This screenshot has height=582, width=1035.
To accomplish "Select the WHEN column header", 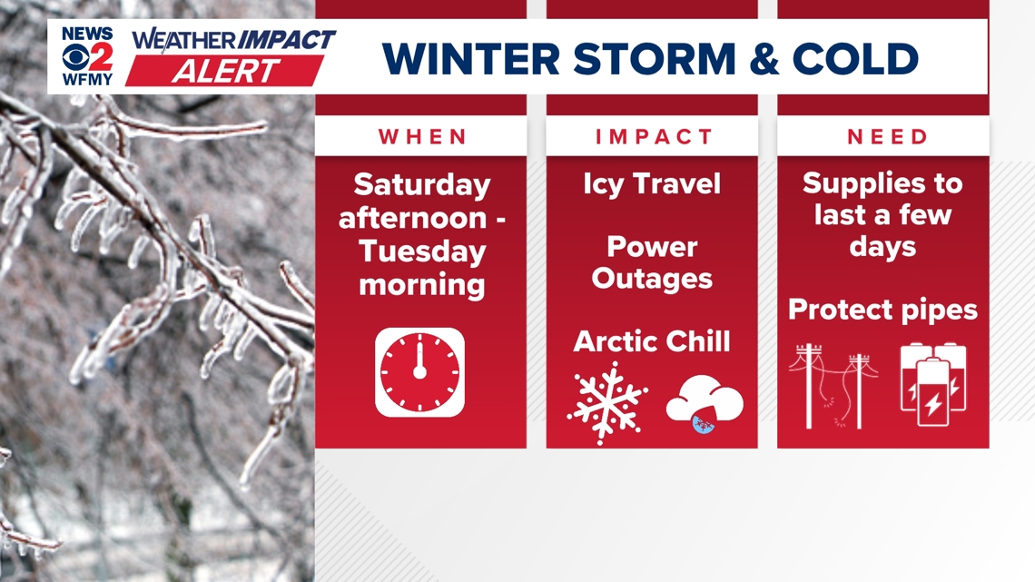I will pos(421,137).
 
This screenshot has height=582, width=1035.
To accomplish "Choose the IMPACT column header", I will pos(652,137).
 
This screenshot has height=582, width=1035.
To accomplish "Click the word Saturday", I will pos(421,184).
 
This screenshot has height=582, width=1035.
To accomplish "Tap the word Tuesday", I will pos(421,252).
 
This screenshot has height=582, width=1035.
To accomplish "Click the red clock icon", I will pos(419,372).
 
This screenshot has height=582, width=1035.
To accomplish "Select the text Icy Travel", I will pos(652,184).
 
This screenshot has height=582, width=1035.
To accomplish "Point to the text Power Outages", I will pos(652,262).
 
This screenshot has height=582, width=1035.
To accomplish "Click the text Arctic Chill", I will pos(652,341).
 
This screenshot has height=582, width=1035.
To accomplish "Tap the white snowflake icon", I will pos(607,403).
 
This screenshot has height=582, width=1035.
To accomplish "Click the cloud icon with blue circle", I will pos(705,403).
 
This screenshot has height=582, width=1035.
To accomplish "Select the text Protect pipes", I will pos(882,310).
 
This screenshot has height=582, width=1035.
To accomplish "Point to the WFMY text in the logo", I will pos(88,79).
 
